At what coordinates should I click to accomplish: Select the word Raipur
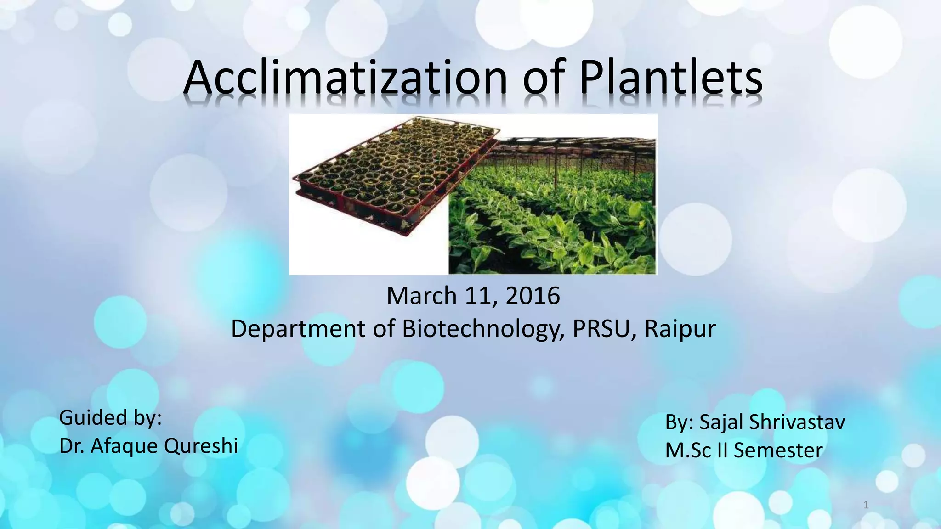pos(680,329)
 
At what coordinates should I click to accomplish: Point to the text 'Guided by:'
pos(110,418)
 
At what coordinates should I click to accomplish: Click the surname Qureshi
pos(201,446)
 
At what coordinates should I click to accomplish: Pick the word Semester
pos(778,450)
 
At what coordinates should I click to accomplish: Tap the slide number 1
pos(866,506)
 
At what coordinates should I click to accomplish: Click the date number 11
pos(480,295)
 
